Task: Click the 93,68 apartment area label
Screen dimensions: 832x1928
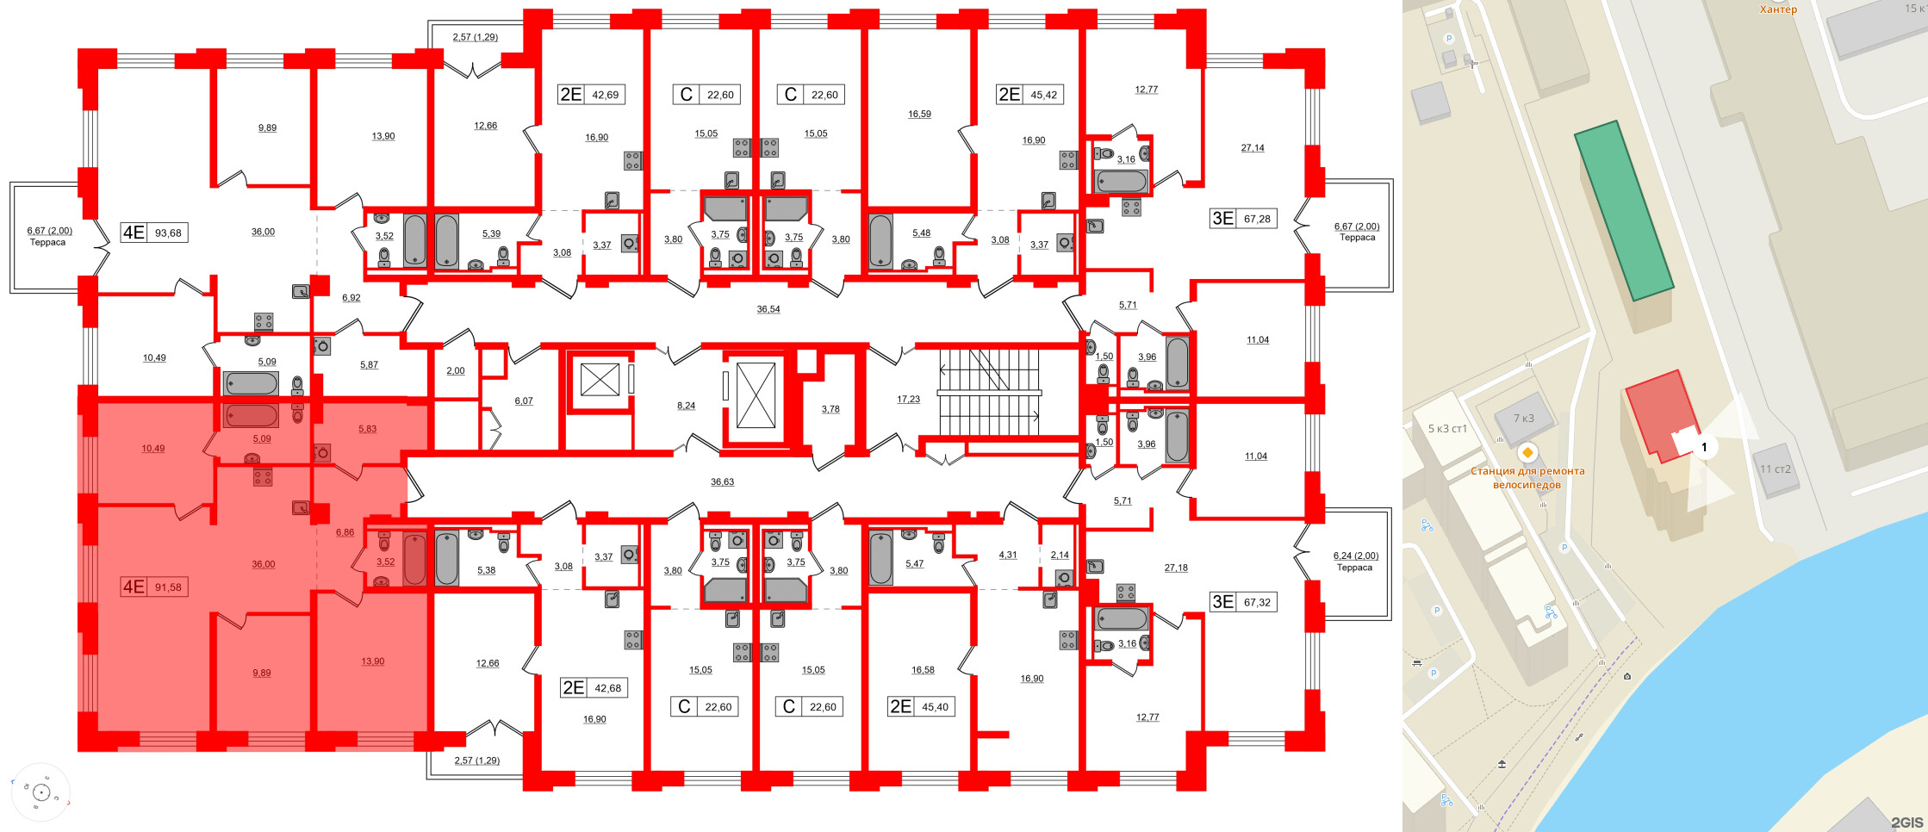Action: (168, 233)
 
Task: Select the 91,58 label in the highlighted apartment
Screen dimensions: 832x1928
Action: (168, 587)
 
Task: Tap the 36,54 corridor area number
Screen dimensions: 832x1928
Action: (768, 309)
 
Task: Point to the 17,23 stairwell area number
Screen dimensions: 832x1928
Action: (908, 400)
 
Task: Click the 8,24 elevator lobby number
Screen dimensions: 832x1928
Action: (686, 406)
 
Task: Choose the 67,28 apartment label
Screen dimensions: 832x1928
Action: (1257, 219)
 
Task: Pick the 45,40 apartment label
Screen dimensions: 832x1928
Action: (935, 707)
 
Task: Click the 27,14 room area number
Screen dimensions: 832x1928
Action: (1253, 148)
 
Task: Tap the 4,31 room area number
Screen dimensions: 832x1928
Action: (1007, 556)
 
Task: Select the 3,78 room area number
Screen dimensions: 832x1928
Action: (830, 409)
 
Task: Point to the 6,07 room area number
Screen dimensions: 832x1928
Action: (524, 401)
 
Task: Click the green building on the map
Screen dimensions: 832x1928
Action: (1623, 211)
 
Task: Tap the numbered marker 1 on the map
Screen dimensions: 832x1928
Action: (1703, 447)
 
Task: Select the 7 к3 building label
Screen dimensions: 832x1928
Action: (1524, 419)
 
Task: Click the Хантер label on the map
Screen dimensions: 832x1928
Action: (1778, 9)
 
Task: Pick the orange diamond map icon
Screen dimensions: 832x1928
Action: (1527, 452)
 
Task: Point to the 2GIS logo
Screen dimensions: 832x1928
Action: (1906, 823)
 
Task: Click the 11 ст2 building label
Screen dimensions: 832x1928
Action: (1776, 469)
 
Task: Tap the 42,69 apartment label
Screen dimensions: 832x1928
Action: (606, 95)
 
